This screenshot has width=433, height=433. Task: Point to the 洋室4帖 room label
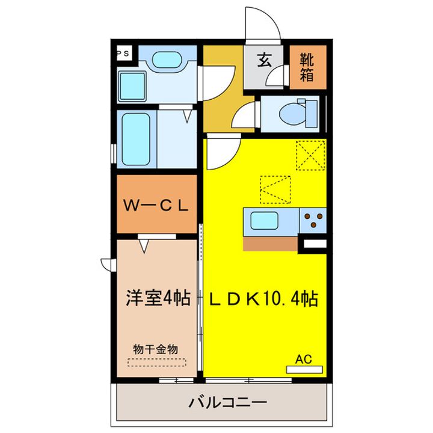point(158,298)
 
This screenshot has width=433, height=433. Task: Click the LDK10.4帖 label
point(263,298)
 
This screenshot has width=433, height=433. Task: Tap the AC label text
point(304,359)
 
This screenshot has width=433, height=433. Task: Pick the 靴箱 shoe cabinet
point(308,67)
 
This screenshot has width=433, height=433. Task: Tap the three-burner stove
point(313,221)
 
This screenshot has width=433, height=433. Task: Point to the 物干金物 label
point(155,349)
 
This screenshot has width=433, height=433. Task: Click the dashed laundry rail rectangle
point(157,363)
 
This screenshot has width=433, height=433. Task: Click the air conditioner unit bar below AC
point(304,369)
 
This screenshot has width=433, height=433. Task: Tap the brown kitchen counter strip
point(271,243)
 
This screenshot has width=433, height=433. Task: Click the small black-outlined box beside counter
point(313,244)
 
